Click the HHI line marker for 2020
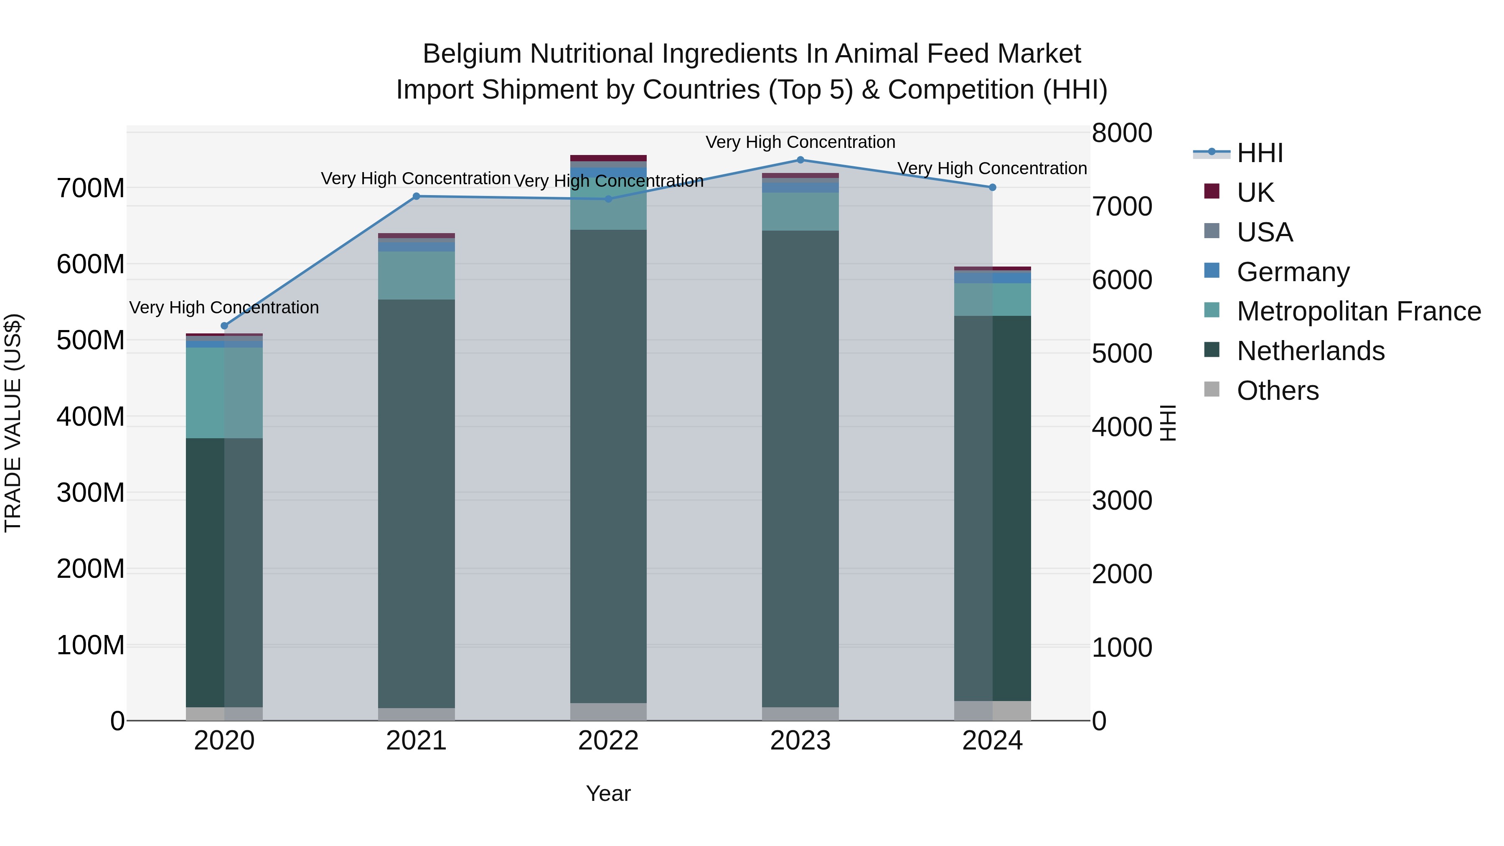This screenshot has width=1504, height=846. pos(224,326)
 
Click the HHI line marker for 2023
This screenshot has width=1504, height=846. pos(800,160)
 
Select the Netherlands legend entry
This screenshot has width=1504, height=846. pos(1310,351)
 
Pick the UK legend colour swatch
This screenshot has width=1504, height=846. pos(1212,191)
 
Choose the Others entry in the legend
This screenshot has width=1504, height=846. pos(1278,391)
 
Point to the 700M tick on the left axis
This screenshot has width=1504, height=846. pos(91,188)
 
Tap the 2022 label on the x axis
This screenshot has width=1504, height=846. pos(608,741)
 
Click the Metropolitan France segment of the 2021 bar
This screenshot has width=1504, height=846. pos(416,276)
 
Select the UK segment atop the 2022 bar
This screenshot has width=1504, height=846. pos(608,158)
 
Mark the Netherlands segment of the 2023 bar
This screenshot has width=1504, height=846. pos(800,467)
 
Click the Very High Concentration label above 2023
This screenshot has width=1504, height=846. pos(800,142)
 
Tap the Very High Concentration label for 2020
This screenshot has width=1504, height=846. pos(224,307)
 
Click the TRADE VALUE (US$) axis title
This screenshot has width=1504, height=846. pos(13,423)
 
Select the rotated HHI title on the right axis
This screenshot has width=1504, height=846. pos(1168,423)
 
